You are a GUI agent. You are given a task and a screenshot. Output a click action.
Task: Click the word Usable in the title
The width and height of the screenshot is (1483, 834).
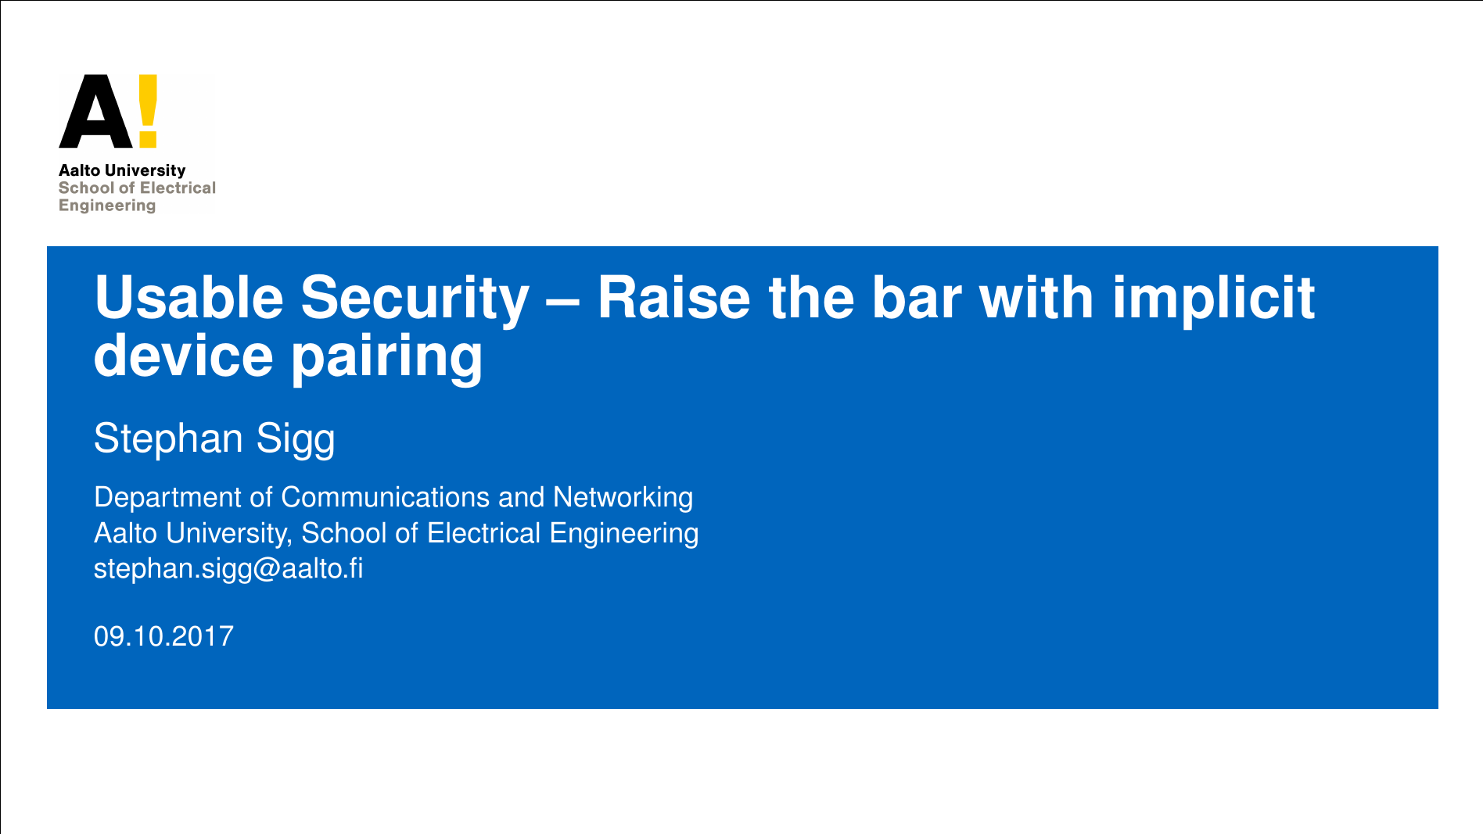[189, 298]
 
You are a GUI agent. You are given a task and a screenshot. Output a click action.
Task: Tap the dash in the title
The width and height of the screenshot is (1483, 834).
[563, 302]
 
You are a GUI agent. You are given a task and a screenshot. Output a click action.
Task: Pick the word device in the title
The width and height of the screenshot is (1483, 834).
[183, 356]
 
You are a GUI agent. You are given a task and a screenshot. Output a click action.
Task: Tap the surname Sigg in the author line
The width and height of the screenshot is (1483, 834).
[296, 439]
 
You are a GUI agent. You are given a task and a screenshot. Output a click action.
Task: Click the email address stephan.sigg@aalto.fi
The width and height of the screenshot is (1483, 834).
[228, 569]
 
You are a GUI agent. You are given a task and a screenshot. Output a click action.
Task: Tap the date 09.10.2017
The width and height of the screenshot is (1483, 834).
[163, 636]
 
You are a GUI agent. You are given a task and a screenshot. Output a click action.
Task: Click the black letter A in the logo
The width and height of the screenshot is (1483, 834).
[96, 111]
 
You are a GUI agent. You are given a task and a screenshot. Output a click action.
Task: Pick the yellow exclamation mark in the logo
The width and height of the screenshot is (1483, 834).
[149, 111]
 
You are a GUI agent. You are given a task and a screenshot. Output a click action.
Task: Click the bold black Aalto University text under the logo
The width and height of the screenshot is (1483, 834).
[122, 170]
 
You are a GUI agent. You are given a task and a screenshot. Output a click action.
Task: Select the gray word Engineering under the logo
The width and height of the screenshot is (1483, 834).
[107, 206]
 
